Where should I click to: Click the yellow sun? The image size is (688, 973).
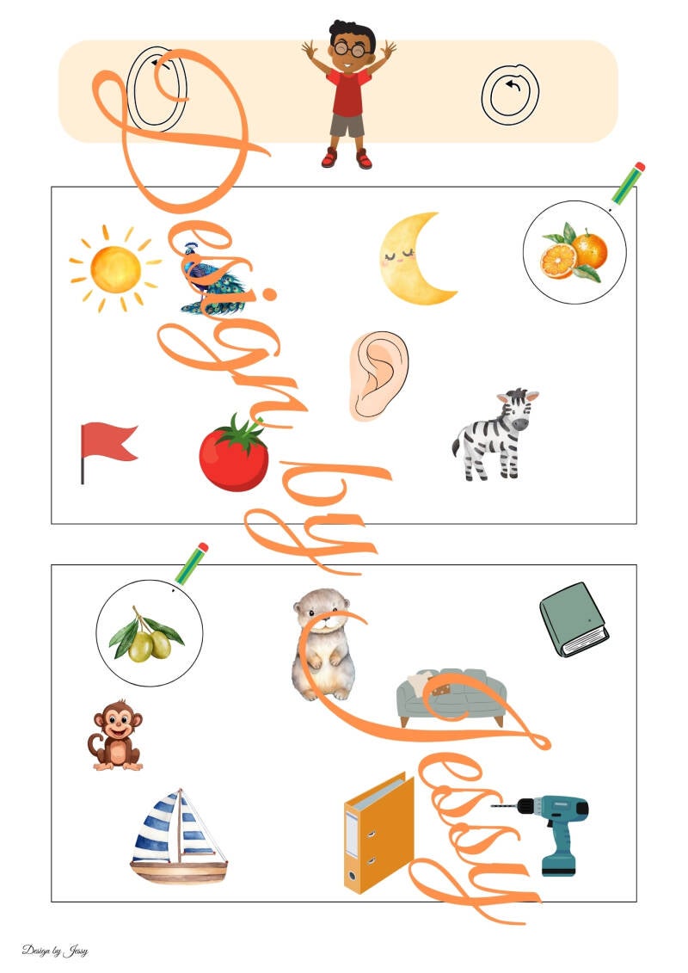point(115,268)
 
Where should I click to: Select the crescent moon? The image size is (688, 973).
point(415,259)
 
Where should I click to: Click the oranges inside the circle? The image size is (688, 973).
point(574,253)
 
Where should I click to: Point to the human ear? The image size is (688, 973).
point(378,375)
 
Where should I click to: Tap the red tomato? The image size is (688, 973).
point(234,453)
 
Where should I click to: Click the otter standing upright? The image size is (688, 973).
point(323,644)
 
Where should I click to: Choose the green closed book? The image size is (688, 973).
point(574,619)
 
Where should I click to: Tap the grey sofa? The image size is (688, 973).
point(451,696)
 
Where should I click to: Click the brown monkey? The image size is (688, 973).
point(116,736)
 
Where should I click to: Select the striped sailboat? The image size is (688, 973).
point(178,835)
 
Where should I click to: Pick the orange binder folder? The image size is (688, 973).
point(379,833)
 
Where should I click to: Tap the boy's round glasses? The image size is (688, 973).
point(351,48)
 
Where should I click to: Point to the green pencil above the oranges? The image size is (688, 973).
point(627,184)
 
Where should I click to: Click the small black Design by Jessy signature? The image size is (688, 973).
point(55,951)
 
